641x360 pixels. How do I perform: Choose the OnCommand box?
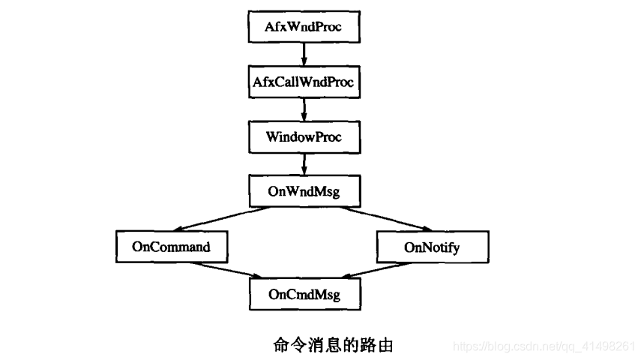171,246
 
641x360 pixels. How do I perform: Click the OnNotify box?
432,246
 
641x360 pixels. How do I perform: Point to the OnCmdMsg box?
303,295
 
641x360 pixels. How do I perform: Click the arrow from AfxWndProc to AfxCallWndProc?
303,54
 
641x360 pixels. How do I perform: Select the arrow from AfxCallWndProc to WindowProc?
303,109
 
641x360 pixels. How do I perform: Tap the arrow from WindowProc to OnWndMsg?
303,164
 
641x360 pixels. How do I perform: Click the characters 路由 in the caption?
379,346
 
